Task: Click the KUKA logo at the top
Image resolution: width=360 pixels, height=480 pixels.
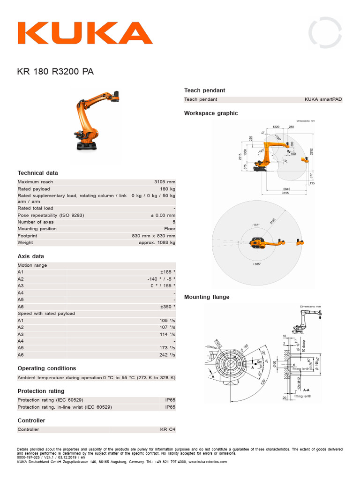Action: point(85,33)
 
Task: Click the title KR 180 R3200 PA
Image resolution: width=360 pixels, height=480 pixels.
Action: point(55,72)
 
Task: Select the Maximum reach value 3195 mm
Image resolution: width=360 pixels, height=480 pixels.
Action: point(165,182)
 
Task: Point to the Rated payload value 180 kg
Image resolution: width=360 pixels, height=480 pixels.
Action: point(167,189)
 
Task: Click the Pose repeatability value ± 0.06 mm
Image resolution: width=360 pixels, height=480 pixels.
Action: point(163,215)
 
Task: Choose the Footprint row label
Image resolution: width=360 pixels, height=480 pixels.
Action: point(28,236)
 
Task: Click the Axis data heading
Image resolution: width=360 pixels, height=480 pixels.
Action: point(31,256)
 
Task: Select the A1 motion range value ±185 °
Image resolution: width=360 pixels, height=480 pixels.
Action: point(167,272)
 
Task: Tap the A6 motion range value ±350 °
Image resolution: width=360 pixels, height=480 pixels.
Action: point(167,307)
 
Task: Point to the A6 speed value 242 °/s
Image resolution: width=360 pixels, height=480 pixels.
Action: point(167,355)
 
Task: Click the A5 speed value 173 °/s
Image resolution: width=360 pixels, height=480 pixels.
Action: point(167,348)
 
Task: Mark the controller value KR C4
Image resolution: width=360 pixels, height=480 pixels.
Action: point(167,429)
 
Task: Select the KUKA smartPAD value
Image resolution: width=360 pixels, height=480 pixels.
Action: point(323,99)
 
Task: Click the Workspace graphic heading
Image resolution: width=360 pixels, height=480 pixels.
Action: point(211,113)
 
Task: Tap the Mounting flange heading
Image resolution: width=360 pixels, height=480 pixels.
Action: point(207,297)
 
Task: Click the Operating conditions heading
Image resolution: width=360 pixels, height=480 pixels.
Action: point(47,368)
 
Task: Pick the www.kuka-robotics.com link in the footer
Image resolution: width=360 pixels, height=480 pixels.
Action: point(208,462)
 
